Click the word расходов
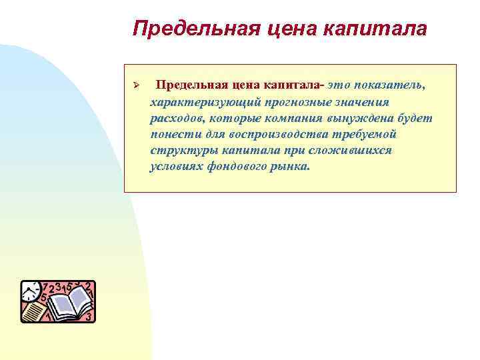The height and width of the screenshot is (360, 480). (x=176, y=118)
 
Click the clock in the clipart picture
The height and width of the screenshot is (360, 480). (x=31, y=291)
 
